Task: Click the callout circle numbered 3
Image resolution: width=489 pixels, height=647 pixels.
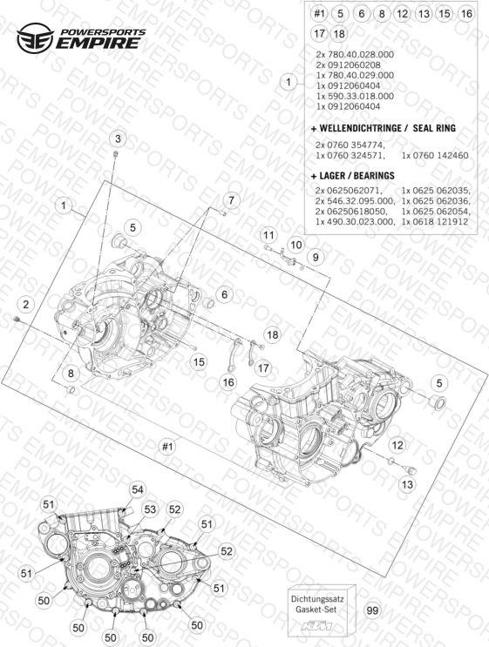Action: (x=119, y=138)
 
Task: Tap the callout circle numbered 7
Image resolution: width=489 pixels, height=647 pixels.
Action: (x=231, y=200)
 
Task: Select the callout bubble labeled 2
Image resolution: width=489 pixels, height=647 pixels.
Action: (x=26, y=305)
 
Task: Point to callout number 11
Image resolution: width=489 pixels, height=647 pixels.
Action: (x=268, y=236)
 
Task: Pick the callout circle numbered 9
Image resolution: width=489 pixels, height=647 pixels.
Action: (x=316, y=257)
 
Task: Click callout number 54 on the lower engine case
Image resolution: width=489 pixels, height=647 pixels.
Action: (x=137, y=489)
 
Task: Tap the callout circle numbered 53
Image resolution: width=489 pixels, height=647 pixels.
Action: (x=150, y=509)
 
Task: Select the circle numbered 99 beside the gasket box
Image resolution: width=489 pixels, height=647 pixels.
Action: (x=372, y=610)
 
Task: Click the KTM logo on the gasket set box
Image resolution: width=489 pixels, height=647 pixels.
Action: (x=316, y=626)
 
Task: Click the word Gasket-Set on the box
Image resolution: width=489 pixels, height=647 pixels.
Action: (x=316, y=609)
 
